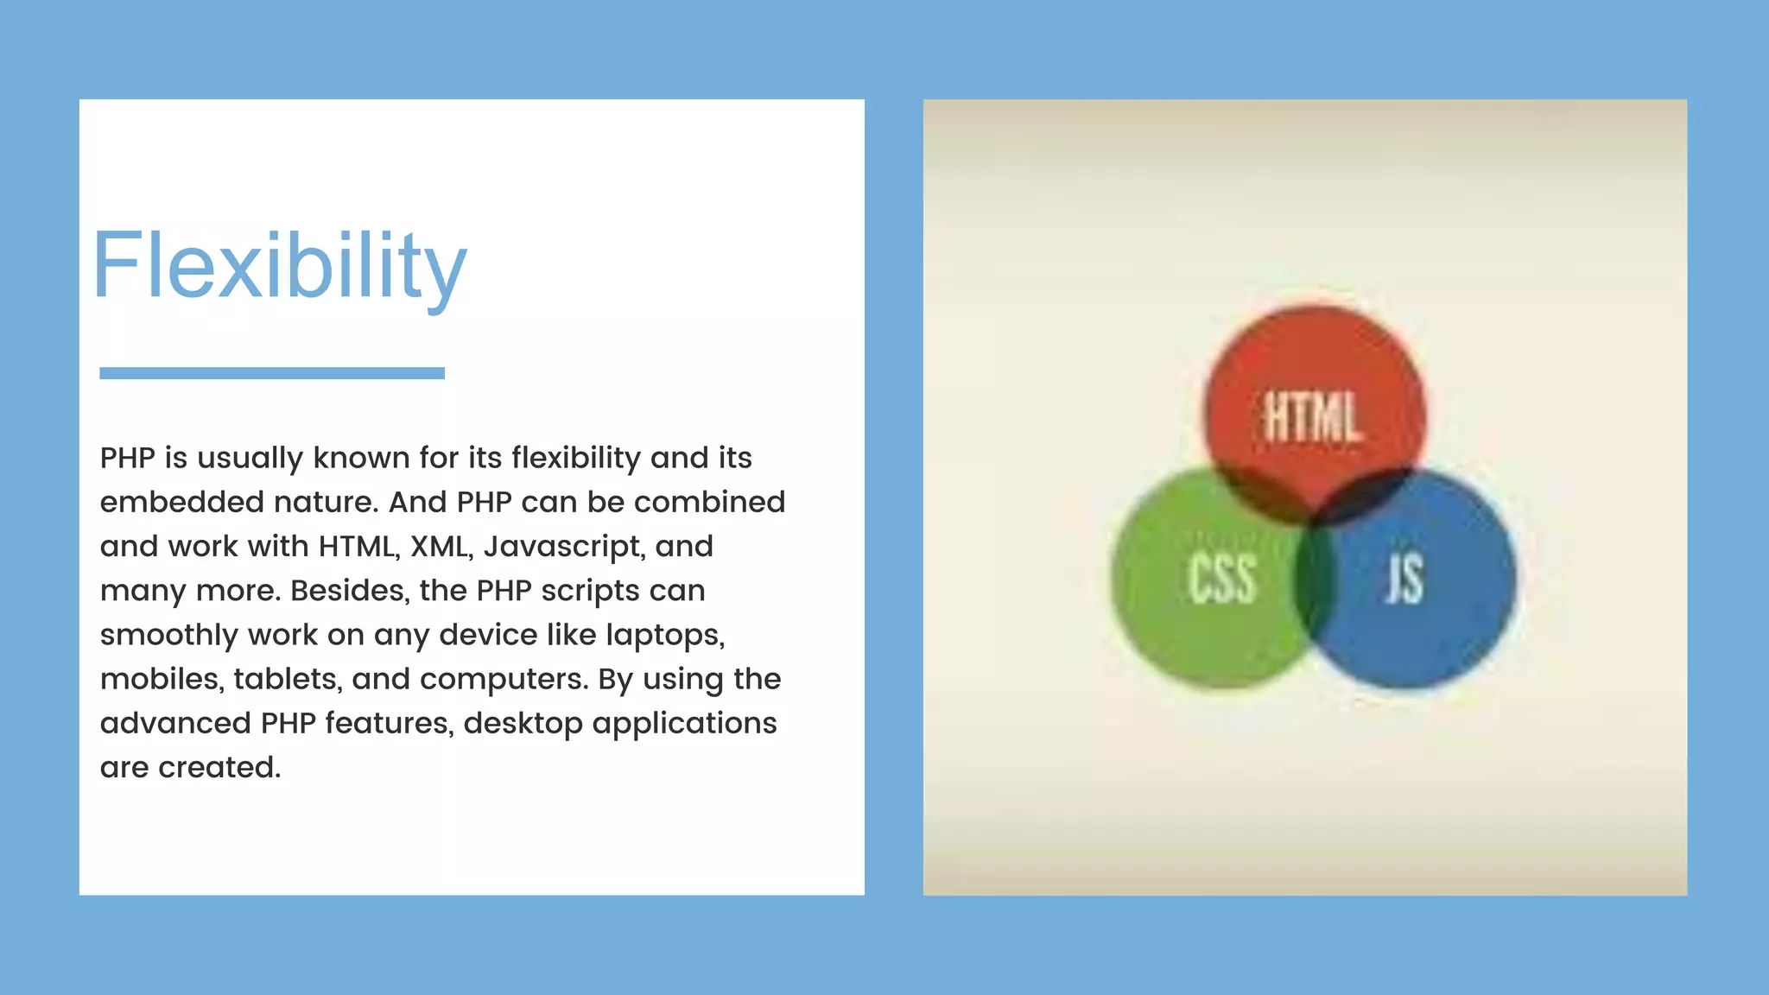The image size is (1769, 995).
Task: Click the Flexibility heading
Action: coord(279,266)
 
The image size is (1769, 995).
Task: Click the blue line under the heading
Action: coord(272,373)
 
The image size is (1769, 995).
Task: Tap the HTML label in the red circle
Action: coord(1313,417)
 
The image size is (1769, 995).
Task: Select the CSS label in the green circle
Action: coord(1221,579)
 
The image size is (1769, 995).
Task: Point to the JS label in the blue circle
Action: coord(1404,579)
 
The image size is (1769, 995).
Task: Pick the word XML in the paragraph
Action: coord(441,547)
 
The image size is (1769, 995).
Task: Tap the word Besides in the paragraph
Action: coord(350,591)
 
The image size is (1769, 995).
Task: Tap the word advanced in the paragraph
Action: coord(175,723)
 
